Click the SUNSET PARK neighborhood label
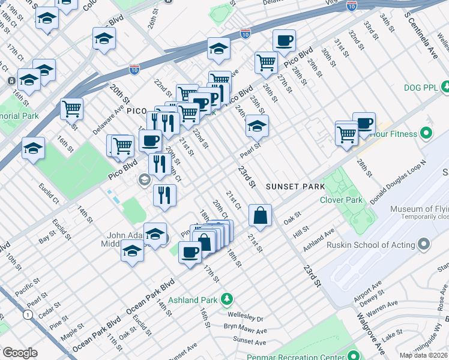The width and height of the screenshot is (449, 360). tap(295, 187)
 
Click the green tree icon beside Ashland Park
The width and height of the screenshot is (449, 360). tap(226, 299)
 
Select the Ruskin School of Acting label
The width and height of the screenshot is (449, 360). tap(371, 245)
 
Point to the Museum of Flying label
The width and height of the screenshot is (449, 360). tap(419, 209)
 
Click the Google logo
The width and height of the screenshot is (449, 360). tap(20, 353)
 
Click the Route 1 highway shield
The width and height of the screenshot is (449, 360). tap(28, 314)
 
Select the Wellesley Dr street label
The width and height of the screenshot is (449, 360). tap(246, 315)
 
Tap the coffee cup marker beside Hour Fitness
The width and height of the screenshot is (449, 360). tap(364, 123)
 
